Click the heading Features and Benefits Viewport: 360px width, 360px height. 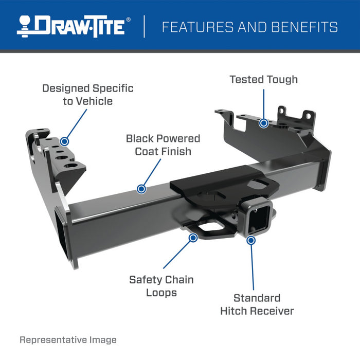coord(250,27)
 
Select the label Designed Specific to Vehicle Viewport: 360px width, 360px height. coord(87,95)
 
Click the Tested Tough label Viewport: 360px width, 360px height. coord(263,80)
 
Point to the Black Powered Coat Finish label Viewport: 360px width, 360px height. coord(163,145)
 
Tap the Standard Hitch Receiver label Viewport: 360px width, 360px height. coord(257,304)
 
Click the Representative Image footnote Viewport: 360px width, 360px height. coord(68,340)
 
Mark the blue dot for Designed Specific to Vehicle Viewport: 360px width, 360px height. coord(64,140)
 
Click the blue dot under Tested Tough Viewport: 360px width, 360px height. coord(263,123)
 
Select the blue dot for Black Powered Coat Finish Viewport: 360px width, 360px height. coord(141,189)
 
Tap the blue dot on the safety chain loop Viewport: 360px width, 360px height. coord(193,238)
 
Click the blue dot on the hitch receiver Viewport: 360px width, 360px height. coord(251,240)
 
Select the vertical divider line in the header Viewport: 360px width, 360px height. coord(144,26)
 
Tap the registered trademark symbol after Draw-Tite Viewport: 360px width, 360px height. coord(129,20)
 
